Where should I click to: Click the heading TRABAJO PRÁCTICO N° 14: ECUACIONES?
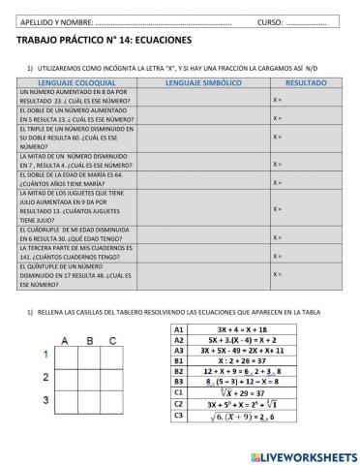pos(105,41)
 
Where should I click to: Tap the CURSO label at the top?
pos(270,20)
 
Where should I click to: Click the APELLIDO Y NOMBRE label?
pos(57,20)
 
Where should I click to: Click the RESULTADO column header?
pos(306,83)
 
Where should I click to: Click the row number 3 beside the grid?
pos(45,398)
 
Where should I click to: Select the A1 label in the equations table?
pos(179,330)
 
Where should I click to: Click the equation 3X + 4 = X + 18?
pos(242,330)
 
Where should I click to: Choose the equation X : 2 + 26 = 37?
pos(242,361)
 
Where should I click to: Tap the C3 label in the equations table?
pos(179,416)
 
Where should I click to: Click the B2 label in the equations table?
pos(179,372)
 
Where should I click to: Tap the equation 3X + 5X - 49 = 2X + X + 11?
pos(242,351)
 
